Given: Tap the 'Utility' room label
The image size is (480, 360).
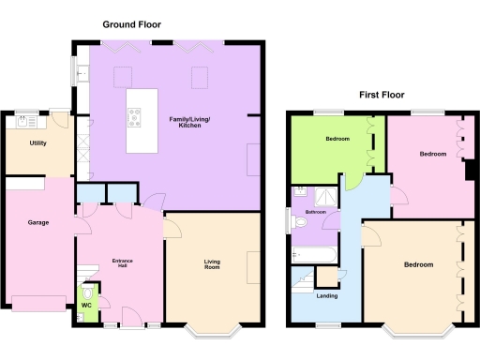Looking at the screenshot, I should point(38,144).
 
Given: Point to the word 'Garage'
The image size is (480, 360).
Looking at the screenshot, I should point(37,222).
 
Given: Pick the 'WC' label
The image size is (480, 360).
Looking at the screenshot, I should point(86,306).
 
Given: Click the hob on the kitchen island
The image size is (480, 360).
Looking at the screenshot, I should point(135,119).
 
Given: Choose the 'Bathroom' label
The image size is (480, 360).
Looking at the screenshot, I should point(315,212).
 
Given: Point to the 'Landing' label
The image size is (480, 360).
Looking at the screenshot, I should point(328,295).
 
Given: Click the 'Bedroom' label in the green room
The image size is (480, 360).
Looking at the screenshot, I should point(337,139).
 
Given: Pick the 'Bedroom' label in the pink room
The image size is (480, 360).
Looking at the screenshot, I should point(432,153).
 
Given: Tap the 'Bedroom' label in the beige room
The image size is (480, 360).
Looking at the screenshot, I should point(418,264).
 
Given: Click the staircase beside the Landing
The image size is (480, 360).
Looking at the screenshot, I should point(305,277).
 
